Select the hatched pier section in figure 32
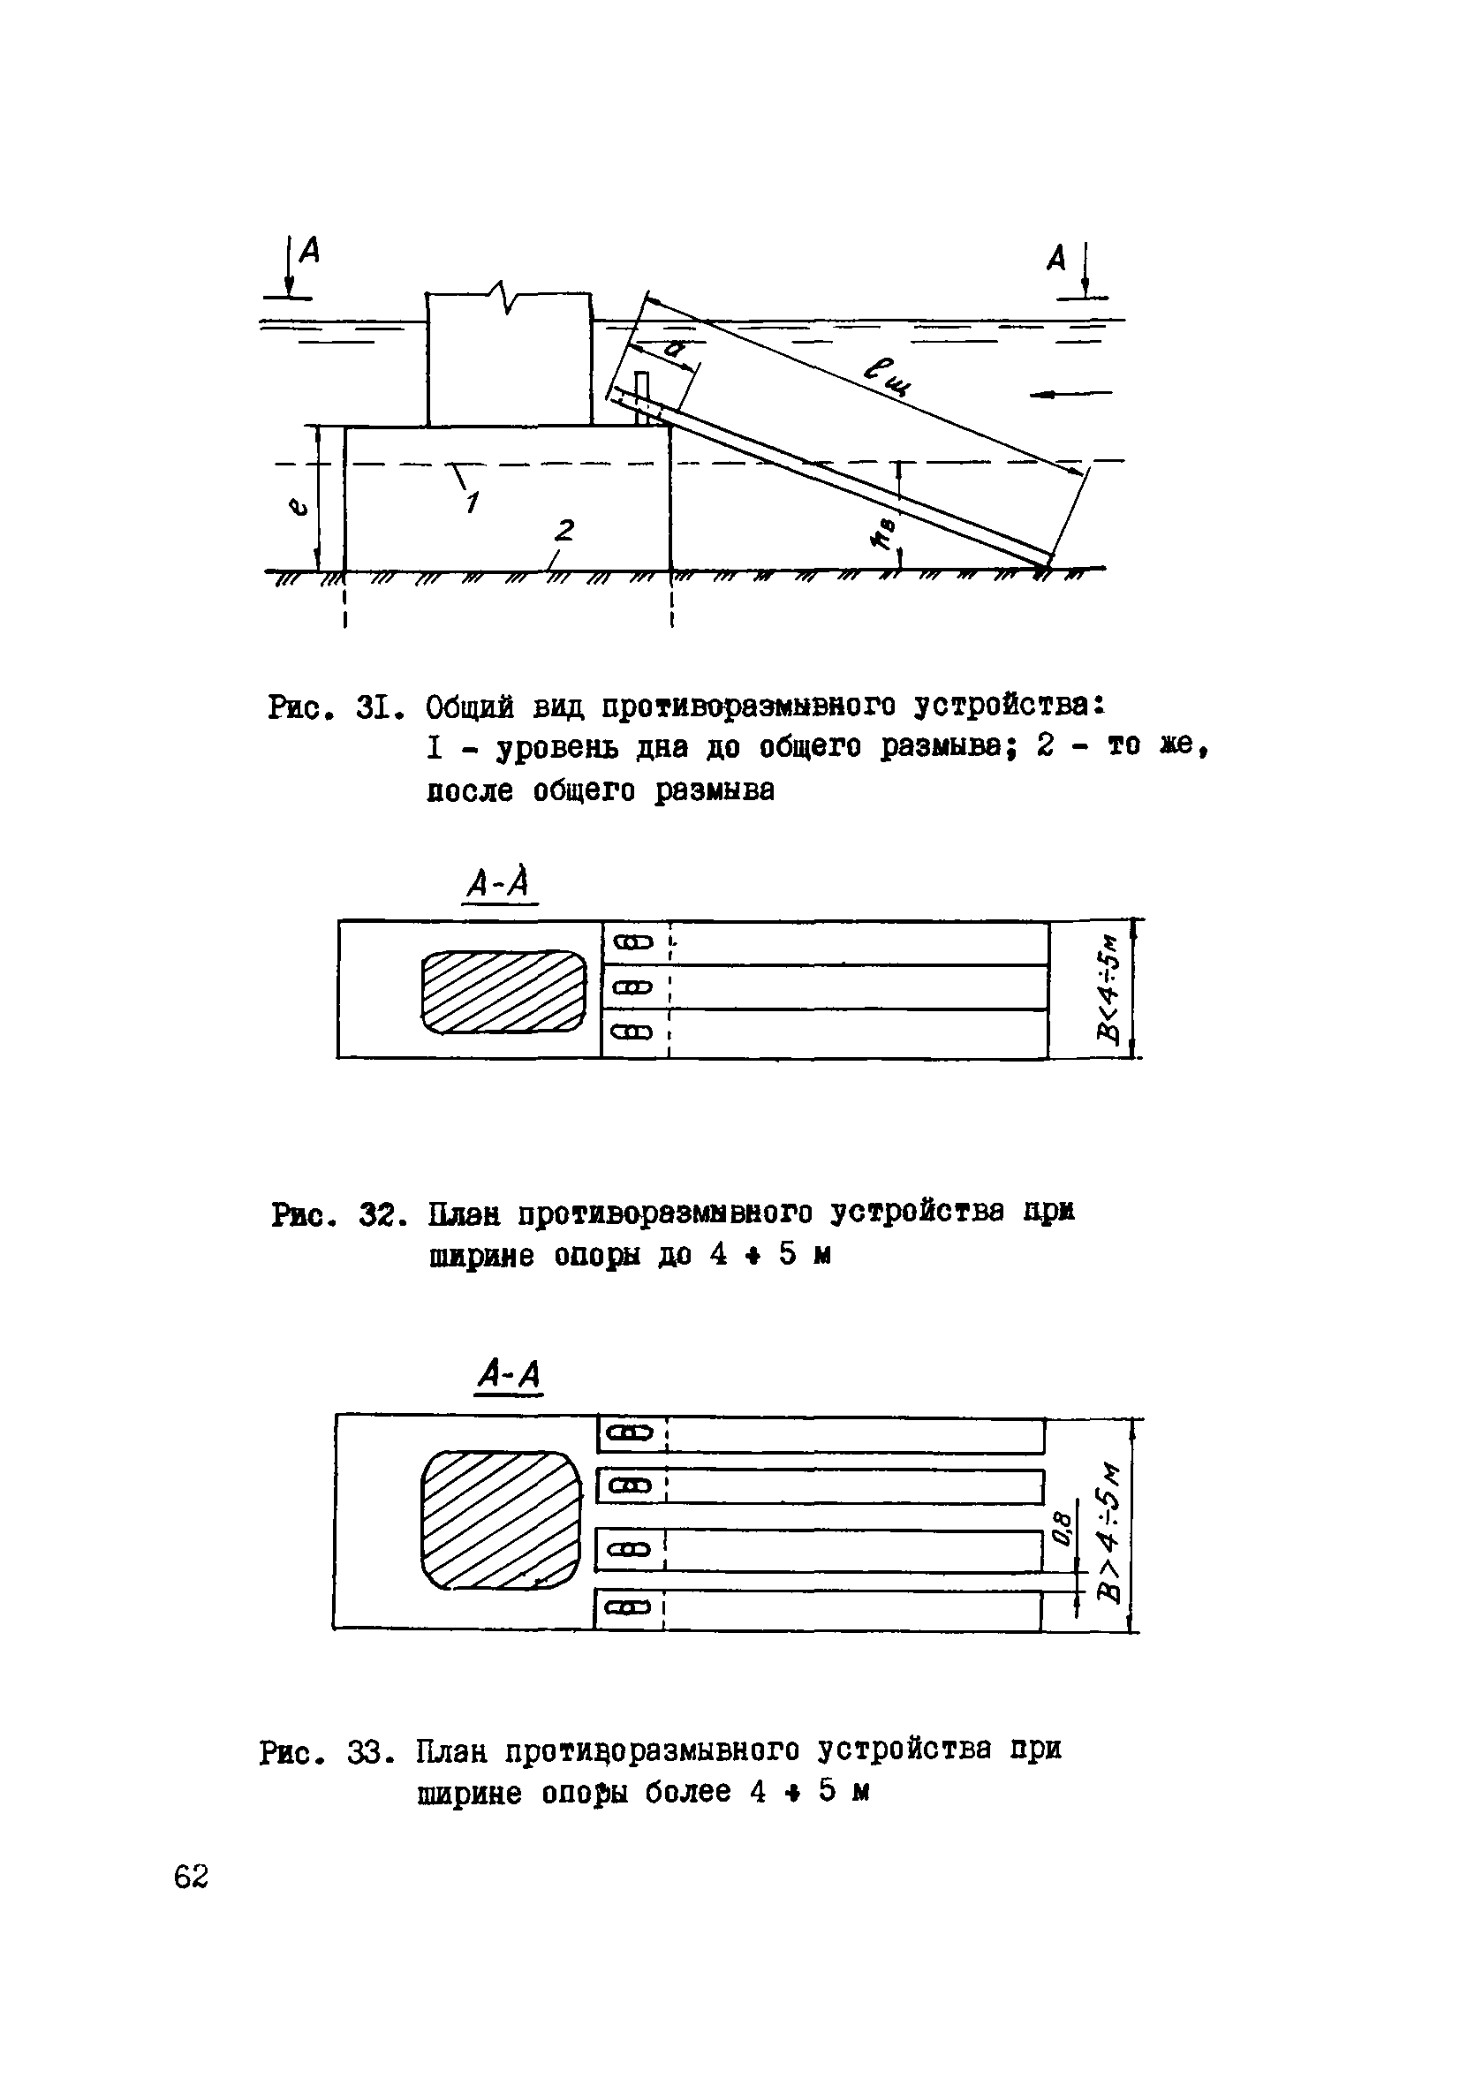tap(504, 990)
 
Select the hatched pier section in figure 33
tap(502, 1519)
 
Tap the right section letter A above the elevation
tap(1055, 259)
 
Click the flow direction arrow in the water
tap(1072, 393)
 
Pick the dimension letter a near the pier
tap(673, 347)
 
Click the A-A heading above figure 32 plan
tap(499, 882)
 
